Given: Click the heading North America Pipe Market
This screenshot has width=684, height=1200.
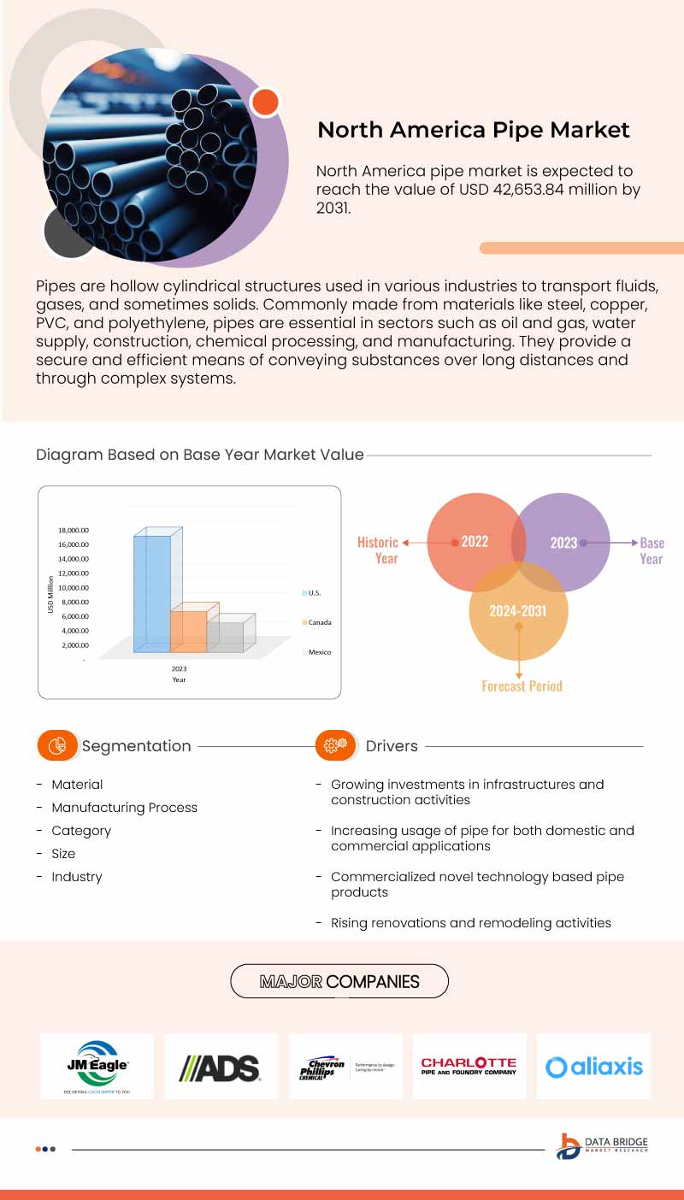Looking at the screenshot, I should coord(473,130).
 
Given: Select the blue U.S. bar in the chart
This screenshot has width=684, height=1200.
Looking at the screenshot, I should coord(152,590).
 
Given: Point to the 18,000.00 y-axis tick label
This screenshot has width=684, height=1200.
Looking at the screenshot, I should coord(73,530).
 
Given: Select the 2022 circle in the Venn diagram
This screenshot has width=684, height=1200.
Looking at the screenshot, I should coord(474,542).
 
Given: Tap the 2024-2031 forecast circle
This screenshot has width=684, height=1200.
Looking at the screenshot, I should coord(518,611).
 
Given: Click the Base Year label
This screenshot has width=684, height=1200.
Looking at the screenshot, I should coord(652,550).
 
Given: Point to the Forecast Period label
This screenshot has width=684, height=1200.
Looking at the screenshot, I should coord(522,685).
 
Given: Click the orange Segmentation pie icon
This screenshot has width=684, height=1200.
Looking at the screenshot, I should coord(58,745).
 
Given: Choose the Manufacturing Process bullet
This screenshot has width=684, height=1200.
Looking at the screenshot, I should coord(124,808).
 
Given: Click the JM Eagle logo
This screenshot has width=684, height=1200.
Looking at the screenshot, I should coord(97,1066).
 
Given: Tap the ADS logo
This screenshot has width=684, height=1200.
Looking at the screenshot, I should coord(220,1067).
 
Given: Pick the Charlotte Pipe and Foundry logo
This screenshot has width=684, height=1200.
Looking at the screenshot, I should coord(469,1066).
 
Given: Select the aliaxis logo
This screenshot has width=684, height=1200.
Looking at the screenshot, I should coord(593,1067).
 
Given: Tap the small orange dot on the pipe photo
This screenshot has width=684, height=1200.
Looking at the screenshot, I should coord(266,102).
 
